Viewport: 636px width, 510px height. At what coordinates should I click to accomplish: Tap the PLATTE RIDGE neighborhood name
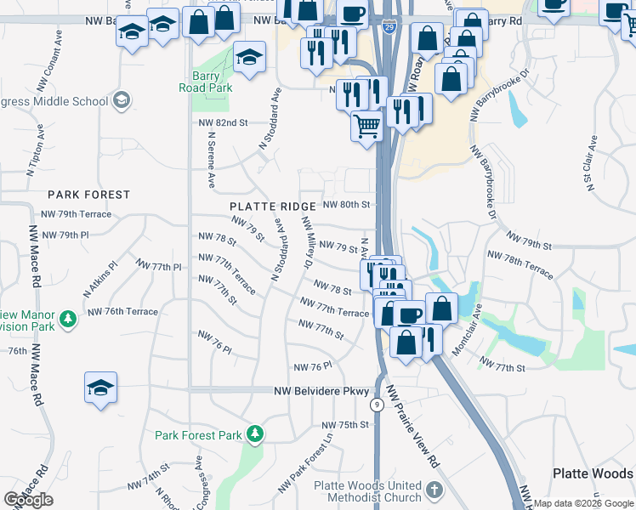272,207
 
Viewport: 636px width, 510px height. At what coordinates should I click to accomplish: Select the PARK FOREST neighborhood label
89,195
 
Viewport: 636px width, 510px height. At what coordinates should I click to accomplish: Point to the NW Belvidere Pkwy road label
321,391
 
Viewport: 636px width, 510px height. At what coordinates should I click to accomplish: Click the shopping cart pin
366,126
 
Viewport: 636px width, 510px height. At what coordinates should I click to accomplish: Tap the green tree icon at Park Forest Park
254,435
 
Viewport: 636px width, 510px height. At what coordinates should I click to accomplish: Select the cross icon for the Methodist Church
434,490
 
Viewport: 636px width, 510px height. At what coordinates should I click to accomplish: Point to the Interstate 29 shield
388,27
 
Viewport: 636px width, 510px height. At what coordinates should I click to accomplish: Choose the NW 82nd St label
222,122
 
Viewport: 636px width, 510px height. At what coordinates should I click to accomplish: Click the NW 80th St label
348,205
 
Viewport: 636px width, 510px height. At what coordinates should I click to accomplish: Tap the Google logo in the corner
29,500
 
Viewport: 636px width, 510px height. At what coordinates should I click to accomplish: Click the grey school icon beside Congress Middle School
122,101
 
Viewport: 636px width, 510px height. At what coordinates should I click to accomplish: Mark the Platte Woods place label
593,473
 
